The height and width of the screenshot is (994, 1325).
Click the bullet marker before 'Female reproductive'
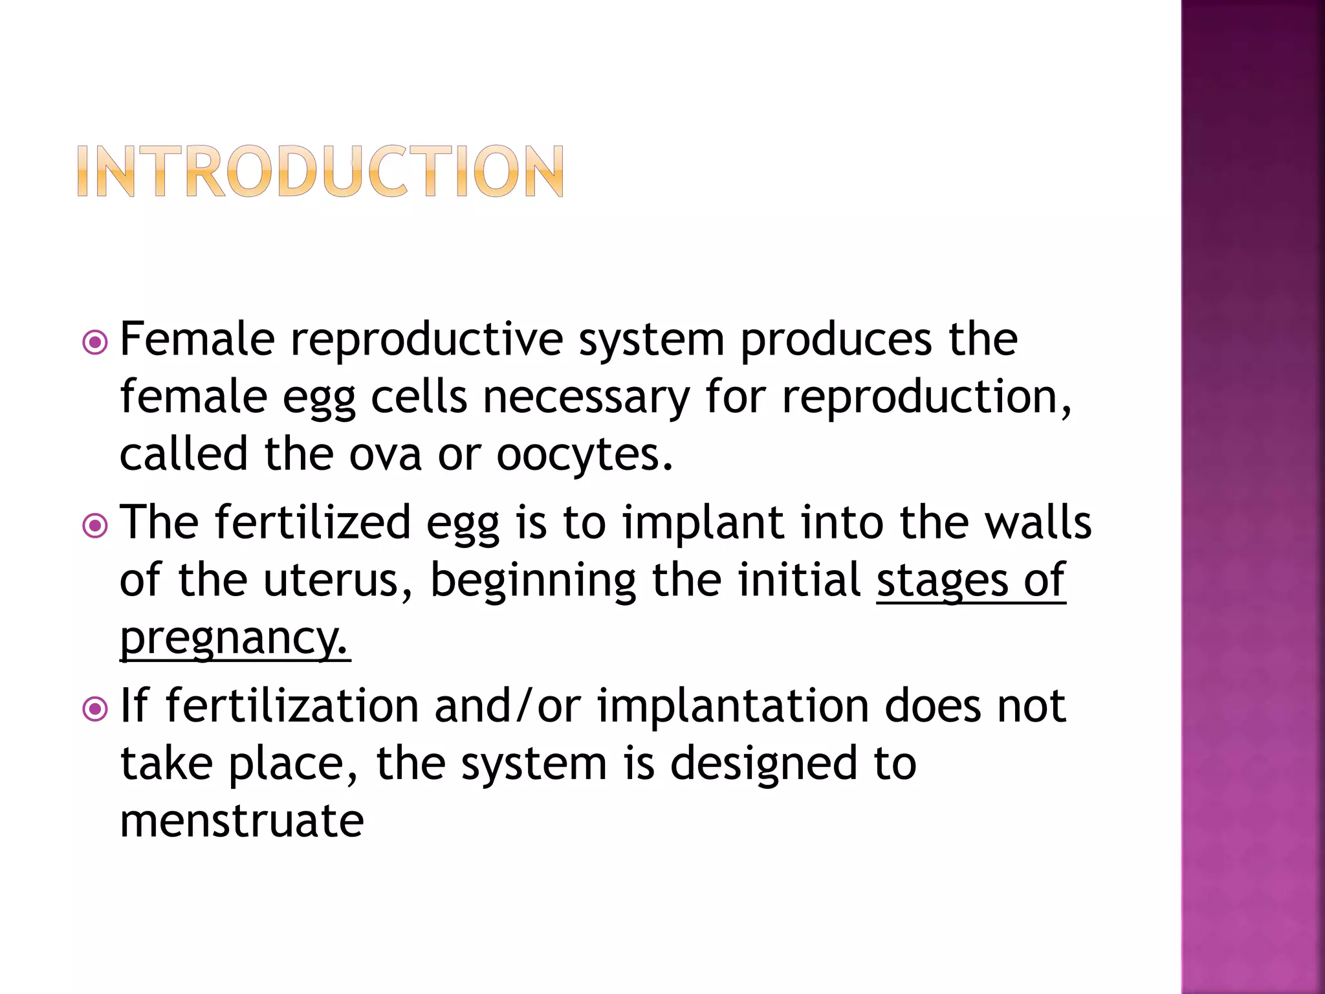96,342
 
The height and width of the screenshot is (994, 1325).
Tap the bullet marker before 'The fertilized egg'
96,525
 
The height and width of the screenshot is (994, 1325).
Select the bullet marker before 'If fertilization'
96,709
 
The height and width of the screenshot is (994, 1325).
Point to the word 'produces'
836,340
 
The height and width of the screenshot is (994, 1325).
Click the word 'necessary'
586,397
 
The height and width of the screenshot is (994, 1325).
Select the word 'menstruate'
242,821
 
